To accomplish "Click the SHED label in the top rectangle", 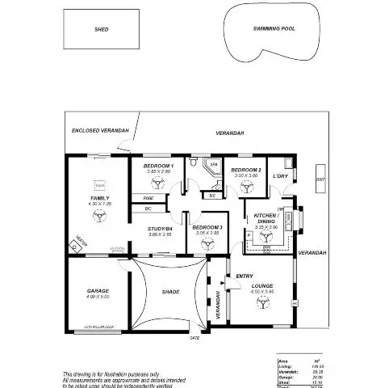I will click(102, 29).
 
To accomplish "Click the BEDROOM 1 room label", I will click(158, 166).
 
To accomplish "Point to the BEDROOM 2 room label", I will click(244, 170).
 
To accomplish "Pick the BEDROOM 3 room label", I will click(207, 229).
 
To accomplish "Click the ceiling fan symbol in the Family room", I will click(100, 216).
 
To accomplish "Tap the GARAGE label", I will click(98, 290).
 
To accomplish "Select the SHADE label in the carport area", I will click(170, 292).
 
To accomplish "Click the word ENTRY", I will click(244, 276).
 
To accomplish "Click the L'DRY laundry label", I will click(280, 175).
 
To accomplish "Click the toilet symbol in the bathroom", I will click(194, 163).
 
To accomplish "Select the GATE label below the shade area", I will click(194, 338).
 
